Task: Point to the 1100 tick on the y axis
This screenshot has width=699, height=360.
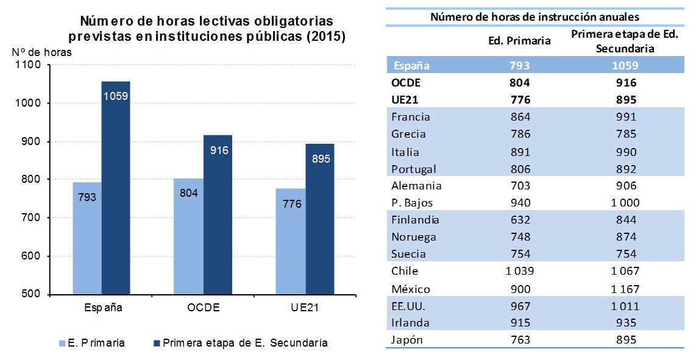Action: click(x=28, y=65)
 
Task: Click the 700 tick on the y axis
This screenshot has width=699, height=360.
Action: click(x=30, y=217)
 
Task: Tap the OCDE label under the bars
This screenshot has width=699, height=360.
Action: click(x=203, y=308)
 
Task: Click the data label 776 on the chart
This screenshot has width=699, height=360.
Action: click(x=292, y=204)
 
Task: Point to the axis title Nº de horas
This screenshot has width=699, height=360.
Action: click(x=41, y=52)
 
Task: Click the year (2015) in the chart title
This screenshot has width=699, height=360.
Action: click(x=325, y=37)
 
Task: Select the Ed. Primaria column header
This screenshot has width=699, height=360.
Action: click(x=520, y=41)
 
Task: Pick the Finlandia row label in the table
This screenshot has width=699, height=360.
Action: click(x=416, y=220)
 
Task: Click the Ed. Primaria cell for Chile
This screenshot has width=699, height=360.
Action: click(x=519, y=271)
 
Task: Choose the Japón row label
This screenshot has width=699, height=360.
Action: click(x=408, y=340)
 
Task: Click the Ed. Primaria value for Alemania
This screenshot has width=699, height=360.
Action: click(x=520, y=186)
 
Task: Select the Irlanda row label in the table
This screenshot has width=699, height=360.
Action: click(x=411, y=323)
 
